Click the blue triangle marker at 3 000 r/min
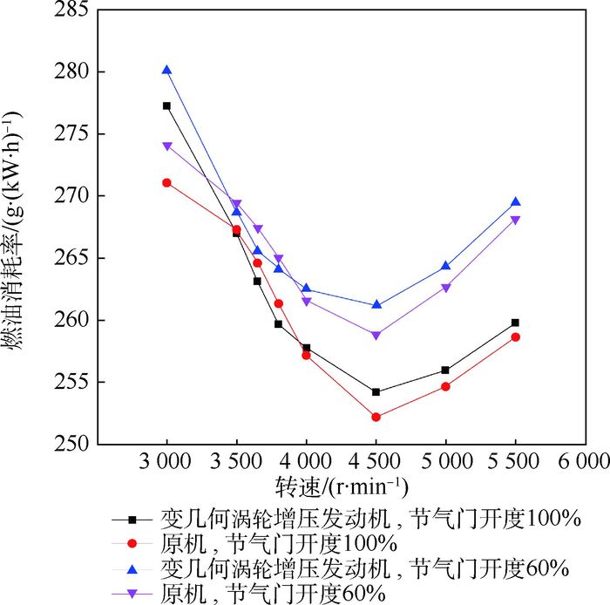click(x=166, y=70)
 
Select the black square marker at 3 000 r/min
click(x=166, y=105)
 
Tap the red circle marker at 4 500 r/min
click(x=376, y=417)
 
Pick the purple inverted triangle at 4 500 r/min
click(x=376, y=335)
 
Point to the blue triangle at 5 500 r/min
click(x=515, y=201)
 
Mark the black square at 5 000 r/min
click(x=445, y=370)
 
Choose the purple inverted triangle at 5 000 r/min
click(x=445, y=288)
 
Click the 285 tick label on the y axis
click(x=71, y=10)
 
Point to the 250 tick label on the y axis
click(x=71, y=444)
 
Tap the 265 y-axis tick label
click(x=71, y=258)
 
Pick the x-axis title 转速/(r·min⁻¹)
click(x=342, y=485)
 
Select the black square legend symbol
click(x=133, y=519)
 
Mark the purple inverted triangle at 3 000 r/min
click(x=166, y=146)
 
